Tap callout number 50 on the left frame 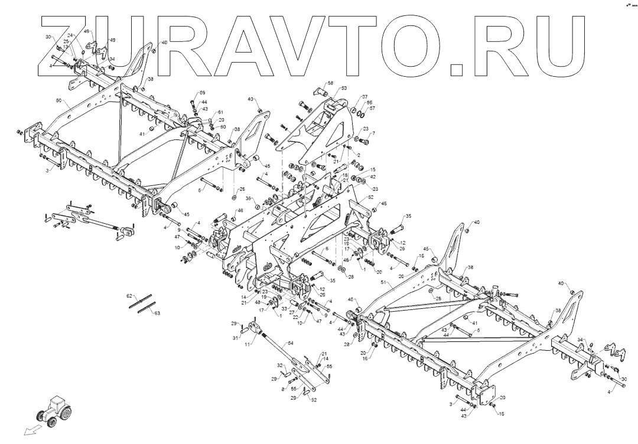coord(59,101)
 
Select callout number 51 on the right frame coord(383,283)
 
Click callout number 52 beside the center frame coord(370,197)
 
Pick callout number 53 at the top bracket coord(344,88)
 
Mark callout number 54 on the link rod coord(290,343)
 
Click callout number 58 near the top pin coord(330,83)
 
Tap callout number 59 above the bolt coord(202,93)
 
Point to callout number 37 coord(364,97)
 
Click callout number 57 coord(372,109)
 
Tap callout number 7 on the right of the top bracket coord(373,133)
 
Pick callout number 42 coord(373,177)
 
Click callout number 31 coord(235,338)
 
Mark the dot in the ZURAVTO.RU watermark coord(456,70)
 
